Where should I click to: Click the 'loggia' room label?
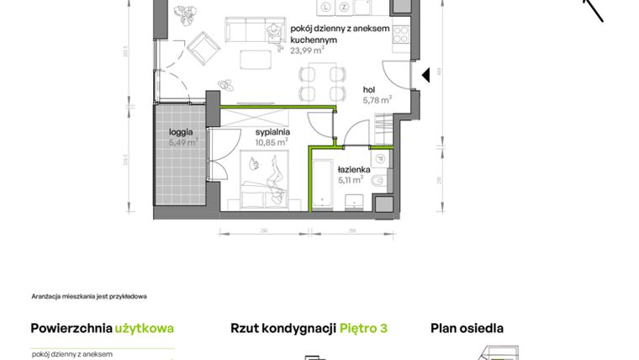tap(181, 132)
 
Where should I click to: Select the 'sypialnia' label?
tap(273, 132)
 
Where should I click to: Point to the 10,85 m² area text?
tap(272, 142)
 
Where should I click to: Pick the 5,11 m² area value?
tap(351, 179)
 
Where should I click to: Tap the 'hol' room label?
tap(368, 89)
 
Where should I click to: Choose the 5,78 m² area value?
tap(377, 99)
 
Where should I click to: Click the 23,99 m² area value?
tap(307, 50)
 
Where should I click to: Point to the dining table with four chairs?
tap(322, 82)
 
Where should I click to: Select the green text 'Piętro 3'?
tap(363, 328)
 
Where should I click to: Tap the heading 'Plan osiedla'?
tap(467, 328)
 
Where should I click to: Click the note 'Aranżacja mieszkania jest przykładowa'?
tap(89, 296)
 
